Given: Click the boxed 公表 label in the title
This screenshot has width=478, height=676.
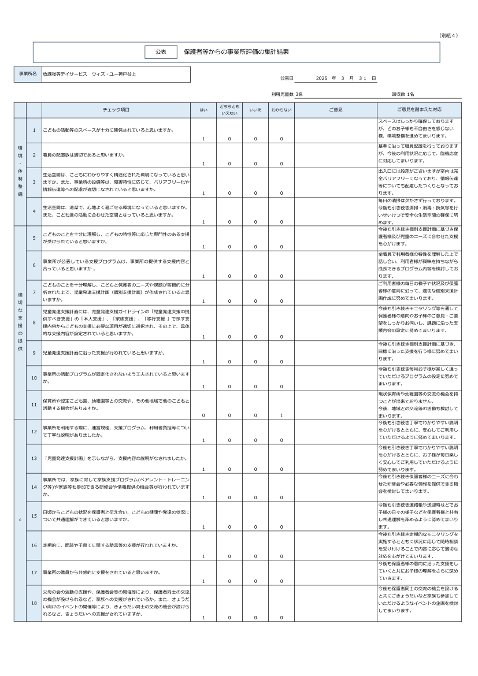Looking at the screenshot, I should point(161,52).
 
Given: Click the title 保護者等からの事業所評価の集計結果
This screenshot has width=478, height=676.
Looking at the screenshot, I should point(236,52).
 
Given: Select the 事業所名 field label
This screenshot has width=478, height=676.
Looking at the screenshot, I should point(28,75).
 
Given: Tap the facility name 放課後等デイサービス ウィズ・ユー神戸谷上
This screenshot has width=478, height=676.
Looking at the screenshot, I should point(90,75).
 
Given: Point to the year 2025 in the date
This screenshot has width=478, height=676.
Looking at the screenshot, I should point(322,78).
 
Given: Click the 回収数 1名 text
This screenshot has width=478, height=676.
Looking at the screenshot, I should point(402,94).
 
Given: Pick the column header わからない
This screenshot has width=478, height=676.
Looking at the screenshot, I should point(281,109).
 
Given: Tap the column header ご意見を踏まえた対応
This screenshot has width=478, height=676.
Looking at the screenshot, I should point(419,109).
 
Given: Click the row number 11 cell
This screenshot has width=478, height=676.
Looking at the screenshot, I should point(34,404).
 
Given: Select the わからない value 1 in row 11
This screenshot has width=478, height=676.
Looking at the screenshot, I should point(281,415).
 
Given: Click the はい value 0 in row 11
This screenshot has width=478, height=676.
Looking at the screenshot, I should point(203,415).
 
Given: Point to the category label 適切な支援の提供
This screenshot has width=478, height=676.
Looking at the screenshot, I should point(20,322).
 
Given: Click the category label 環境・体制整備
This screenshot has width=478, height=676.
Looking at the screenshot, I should point(20,172).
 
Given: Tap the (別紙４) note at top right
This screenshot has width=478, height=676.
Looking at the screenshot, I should point(449,35).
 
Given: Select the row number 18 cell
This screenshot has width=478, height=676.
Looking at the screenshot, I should point(34,603).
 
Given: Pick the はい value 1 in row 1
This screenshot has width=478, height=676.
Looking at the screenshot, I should point(203,139).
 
